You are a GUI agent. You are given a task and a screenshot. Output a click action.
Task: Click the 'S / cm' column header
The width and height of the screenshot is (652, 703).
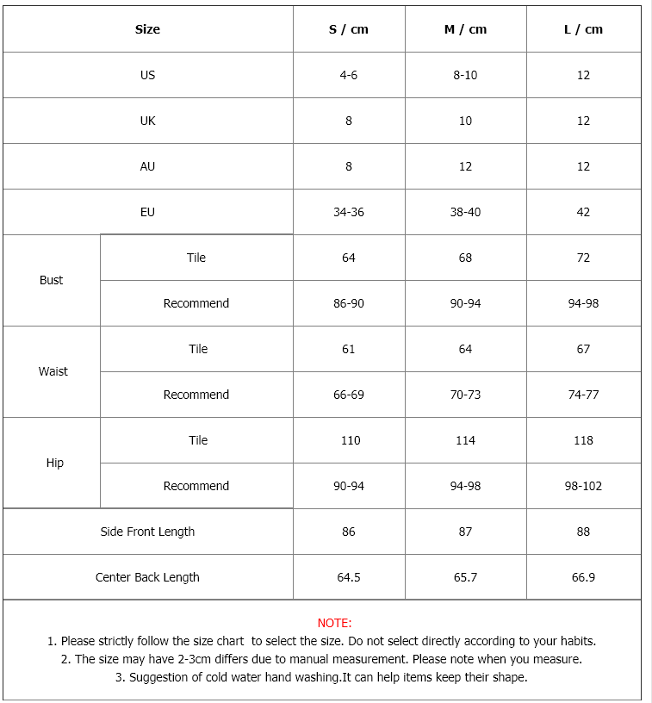click(x=349, y=29)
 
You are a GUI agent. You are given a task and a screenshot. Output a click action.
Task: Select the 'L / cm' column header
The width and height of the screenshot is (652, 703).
click(x=583, y=29)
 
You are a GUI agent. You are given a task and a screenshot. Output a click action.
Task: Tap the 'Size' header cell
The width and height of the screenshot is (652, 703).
click(x=147, y=29)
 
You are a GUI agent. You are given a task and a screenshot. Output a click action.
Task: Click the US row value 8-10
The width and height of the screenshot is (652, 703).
click(x=465, y=75)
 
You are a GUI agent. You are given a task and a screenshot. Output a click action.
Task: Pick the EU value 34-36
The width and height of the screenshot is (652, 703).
click(x=349, y=212)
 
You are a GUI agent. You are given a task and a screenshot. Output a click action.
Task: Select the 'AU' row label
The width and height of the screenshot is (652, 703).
click(x=147, y=166)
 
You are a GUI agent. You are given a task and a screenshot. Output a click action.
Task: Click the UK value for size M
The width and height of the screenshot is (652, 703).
click(x=465, y=121)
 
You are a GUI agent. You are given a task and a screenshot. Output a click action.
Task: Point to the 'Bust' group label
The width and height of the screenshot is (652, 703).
click(x=52, y=280)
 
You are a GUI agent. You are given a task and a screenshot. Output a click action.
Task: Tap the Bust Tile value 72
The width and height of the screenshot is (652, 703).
click(x=583, y=258)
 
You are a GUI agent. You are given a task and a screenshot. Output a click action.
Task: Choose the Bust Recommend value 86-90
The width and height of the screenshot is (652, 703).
click(x=349, y=303)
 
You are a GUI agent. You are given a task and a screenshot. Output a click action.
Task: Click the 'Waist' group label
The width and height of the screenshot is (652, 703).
click(x=53, y=371)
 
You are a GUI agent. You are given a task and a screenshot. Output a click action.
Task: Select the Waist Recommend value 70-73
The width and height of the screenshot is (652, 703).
click(x=465, y=395)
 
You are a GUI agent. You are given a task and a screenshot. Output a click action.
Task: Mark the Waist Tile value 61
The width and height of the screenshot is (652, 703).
click(x=349, y=349)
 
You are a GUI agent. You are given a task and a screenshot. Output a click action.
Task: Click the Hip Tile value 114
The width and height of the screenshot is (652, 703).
click(x=465, y=440)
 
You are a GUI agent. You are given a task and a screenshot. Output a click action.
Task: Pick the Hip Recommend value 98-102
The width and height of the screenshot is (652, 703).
click(x=583, y=486)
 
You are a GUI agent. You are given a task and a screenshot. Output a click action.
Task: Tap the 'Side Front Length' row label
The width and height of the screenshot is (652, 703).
click(x=147, y=532)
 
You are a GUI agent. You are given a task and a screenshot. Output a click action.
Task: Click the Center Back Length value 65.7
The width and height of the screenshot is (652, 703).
click(x=465, y=577)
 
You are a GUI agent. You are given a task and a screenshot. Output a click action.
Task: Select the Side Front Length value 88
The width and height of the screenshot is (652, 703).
click(x=583, y=532)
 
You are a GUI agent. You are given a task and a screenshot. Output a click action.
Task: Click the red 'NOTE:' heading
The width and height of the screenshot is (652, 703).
click(x=334, y=623)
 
